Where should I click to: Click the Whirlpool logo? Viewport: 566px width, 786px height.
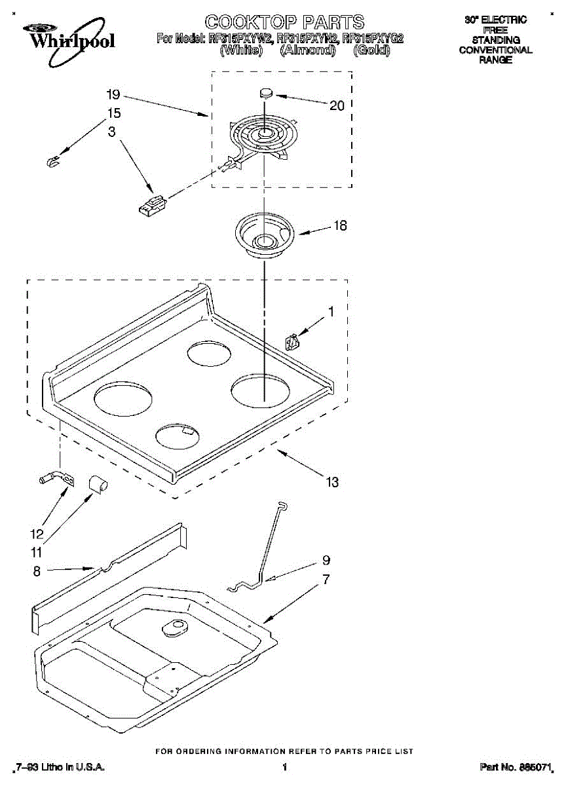[68, 37]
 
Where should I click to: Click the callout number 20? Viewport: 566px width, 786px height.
[337, 105]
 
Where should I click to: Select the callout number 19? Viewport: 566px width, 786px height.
[113, 94]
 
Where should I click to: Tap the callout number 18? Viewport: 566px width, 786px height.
[340, 226]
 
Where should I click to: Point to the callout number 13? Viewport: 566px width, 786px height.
[332, 482]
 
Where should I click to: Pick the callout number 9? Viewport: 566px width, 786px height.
[326, 561]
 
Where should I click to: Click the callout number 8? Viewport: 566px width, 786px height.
[37, 572]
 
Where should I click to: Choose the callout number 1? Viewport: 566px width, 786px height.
[331, 312]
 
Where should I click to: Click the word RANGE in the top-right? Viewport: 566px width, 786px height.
[495, 60]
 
